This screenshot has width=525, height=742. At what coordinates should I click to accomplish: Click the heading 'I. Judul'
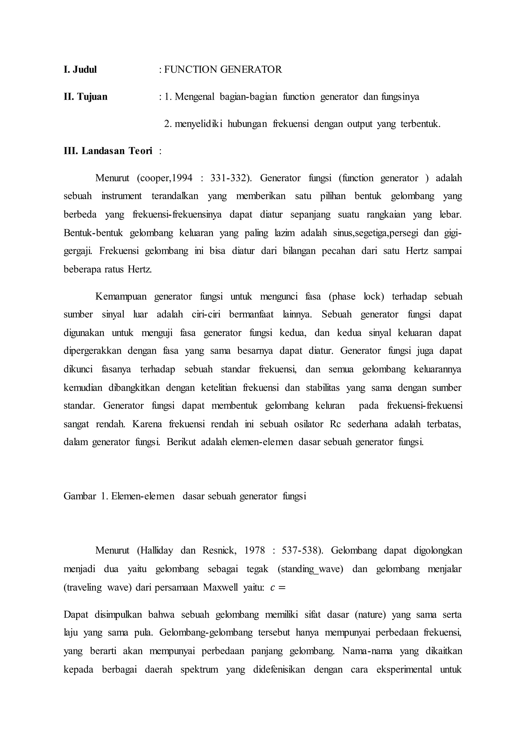coord(80,70)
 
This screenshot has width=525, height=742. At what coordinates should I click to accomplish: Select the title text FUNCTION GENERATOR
coord(223,70)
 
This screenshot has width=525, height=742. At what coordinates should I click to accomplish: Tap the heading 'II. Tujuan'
coord(85,97)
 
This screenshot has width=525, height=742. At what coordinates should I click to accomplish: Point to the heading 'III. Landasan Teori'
coord(108,151)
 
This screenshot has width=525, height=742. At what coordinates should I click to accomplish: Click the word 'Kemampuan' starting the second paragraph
coord(120,297)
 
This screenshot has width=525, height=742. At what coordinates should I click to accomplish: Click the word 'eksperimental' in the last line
coord(404,669)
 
